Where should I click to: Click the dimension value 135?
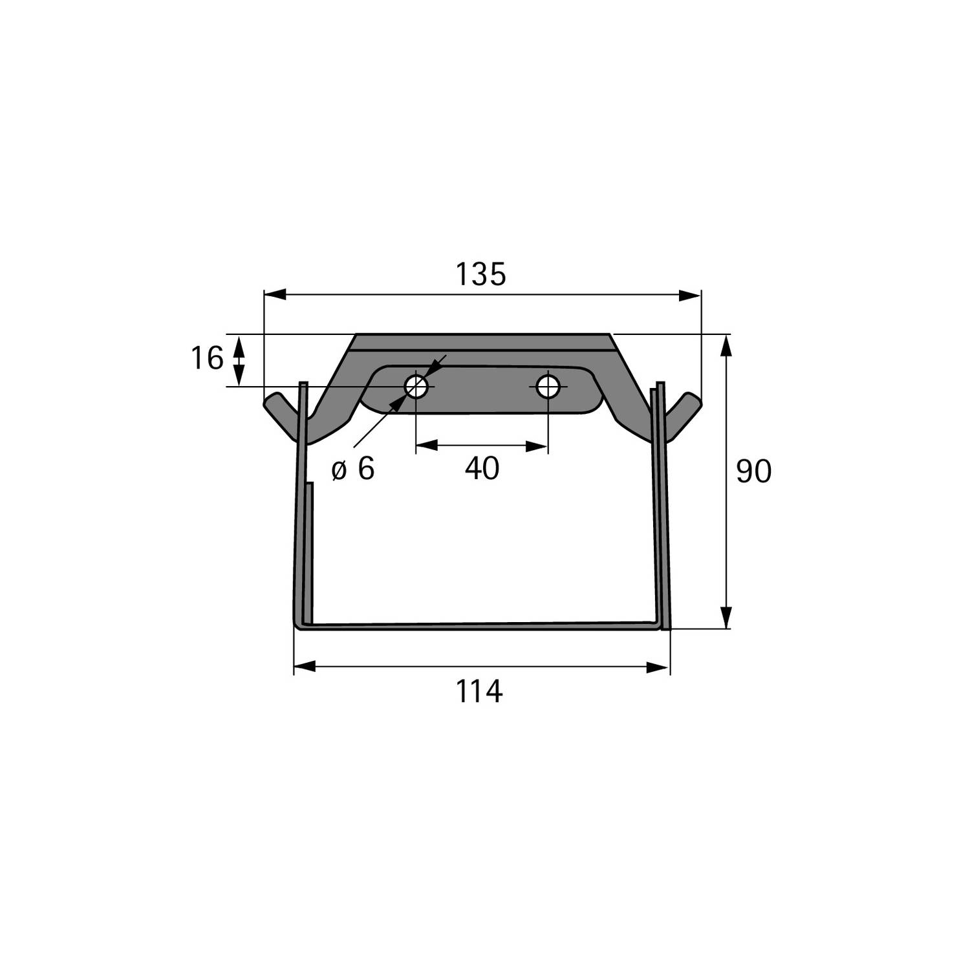coord(480,274)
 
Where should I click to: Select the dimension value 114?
coord(479,691)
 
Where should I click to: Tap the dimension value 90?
coord(753,471)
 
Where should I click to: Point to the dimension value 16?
coord(207,358)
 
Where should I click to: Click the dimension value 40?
coord(482,468)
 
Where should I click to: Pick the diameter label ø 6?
coord(353,469)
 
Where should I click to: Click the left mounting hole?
coord(416,387)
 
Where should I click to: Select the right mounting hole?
coord(548,387)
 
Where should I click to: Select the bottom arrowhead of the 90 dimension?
coord(726,617)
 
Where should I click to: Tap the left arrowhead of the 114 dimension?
coord(305,667)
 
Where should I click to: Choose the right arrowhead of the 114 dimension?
coord(658,667)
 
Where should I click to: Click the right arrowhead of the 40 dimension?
coord(537,446)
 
